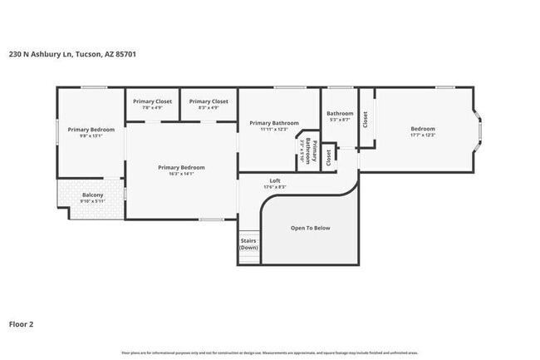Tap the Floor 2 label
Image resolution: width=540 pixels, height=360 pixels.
(x=22, y=323)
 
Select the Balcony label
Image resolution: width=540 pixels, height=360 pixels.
(x=93, y=195)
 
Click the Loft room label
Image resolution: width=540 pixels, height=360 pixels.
(x=275, y=180)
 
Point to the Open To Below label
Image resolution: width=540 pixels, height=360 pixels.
(x=310, y=228)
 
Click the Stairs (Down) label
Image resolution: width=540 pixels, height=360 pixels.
(x=248, y=244)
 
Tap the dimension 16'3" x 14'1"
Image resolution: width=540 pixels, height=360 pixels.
(x=181, y=174)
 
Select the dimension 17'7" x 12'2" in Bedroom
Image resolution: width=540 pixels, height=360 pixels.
(x=423, y=135)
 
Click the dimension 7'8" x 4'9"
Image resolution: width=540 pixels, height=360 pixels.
(x=152, y=108)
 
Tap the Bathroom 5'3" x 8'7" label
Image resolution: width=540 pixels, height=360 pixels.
(x=340, y=117)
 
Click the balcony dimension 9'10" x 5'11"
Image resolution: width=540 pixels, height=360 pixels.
(x=93, y=201)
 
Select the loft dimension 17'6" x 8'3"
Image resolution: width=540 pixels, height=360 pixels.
(x=275, y=187)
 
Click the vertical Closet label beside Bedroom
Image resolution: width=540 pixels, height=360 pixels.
(x=365, y=120)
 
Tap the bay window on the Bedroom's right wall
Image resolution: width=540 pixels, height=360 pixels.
(x=479, y=129)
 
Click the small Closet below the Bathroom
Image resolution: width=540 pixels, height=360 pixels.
(x=329, y=155)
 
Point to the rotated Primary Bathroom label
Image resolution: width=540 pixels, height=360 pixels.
(x=309, y=151)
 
